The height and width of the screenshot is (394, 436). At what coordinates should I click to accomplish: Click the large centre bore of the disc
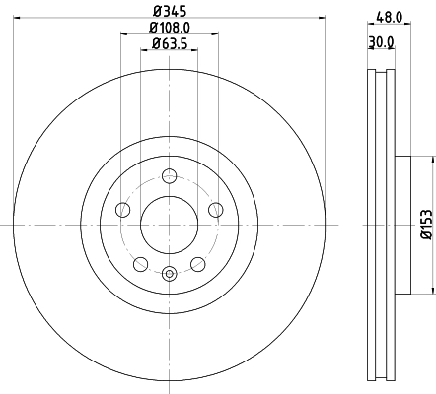[169, 224]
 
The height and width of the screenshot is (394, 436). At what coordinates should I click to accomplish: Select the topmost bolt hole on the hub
[169, 176]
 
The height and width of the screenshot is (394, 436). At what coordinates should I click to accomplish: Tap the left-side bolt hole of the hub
[123, 209]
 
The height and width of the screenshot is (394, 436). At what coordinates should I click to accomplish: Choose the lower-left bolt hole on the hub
[140, 263]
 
